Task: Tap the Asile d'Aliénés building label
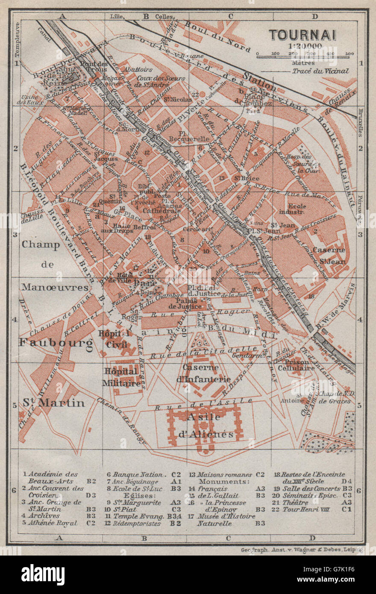click(206, 426)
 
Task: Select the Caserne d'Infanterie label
click(206, 373)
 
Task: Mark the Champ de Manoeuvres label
click(55, 265)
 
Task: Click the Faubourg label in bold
click(56, 342)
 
